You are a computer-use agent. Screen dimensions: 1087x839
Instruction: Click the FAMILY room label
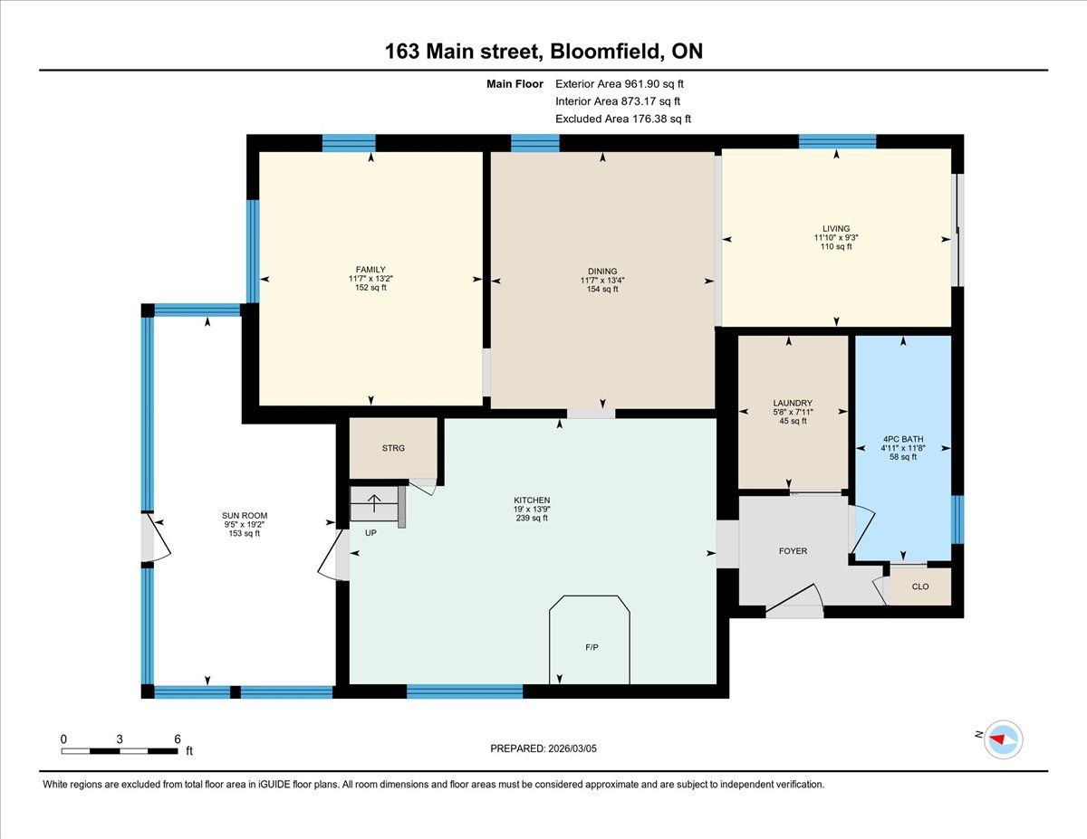pos(370,270)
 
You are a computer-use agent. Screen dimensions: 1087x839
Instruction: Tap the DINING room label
pos(602,272)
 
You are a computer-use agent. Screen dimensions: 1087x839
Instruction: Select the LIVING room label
pos(836,228)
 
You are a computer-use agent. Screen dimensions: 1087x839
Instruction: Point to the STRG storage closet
pos(393,448)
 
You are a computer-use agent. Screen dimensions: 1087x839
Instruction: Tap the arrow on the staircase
pos(374,502)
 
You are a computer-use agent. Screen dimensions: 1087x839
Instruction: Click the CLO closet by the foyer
pos(920,586)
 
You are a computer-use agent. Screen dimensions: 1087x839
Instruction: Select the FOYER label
pos(793,551)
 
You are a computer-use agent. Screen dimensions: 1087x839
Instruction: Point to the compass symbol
pos(1003,740)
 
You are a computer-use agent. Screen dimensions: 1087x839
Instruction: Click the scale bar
pos(120,751)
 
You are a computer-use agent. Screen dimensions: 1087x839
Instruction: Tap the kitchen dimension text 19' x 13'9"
pos(532,510)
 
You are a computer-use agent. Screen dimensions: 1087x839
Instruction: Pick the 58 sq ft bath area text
pos(903,457)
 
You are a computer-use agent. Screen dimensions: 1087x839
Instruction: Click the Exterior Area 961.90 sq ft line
pos(620,84)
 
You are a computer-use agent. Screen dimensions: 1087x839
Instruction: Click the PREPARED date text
pos(543,748)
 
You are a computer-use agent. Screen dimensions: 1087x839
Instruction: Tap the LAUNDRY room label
pos(793,404)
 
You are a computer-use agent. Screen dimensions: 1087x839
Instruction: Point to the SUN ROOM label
pos(245,516)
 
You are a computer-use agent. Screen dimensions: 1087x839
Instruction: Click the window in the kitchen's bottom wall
pos(465,691)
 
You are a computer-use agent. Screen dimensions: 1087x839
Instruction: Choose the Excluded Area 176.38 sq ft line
pos(623,119)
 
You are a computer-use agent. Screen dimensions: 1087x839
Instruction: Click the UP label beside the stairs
pos(370,533)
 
